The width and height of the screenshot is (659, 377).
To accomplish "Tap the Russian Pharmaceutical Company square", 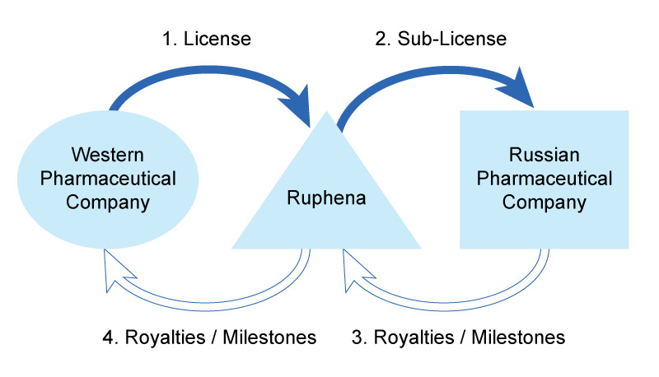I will (x=544, y=179).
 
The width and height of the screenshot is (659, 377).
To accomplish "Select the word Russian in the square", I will (x=544, y=155).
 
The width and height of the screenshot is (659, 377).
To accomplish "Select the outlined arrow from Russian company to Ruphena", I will (x=461, y=290).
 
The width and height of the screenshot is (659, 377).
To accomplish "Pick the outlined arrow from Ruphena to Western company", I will (x=222, y=290).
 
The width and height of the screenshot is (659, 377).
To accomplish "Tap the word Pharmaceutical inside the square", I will (x=544, y=179).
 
